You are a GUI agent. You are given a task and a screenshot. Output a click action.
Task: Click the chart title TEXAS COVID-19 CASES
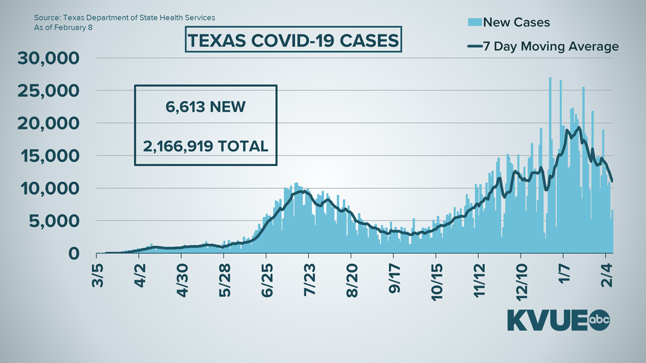pyautogui.click(x=292, y=41)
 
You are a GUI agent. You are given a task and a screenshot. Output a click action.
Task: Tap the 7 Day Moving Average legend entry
pyautogui.click(x=542, y=46)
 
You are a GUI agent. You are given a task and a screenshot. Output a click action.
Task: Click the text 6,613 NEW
pyautogui.click(x=205, y=106)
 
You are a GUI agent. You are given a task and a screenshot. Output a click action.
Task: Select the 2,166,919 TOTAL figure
pyautogui.click(x=205, y=146)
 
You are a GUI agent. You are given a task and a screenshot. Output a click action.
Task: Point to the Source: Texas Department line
pyautogui.click(x=124, y=18)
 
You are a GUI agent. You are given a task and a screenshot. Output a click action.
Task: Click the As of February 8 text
pyautogui.click(x=63, y=27)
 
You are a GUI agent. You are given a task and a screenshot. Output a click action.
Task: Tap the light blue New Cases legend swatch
pyautogui.click(x=474, y=22)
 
